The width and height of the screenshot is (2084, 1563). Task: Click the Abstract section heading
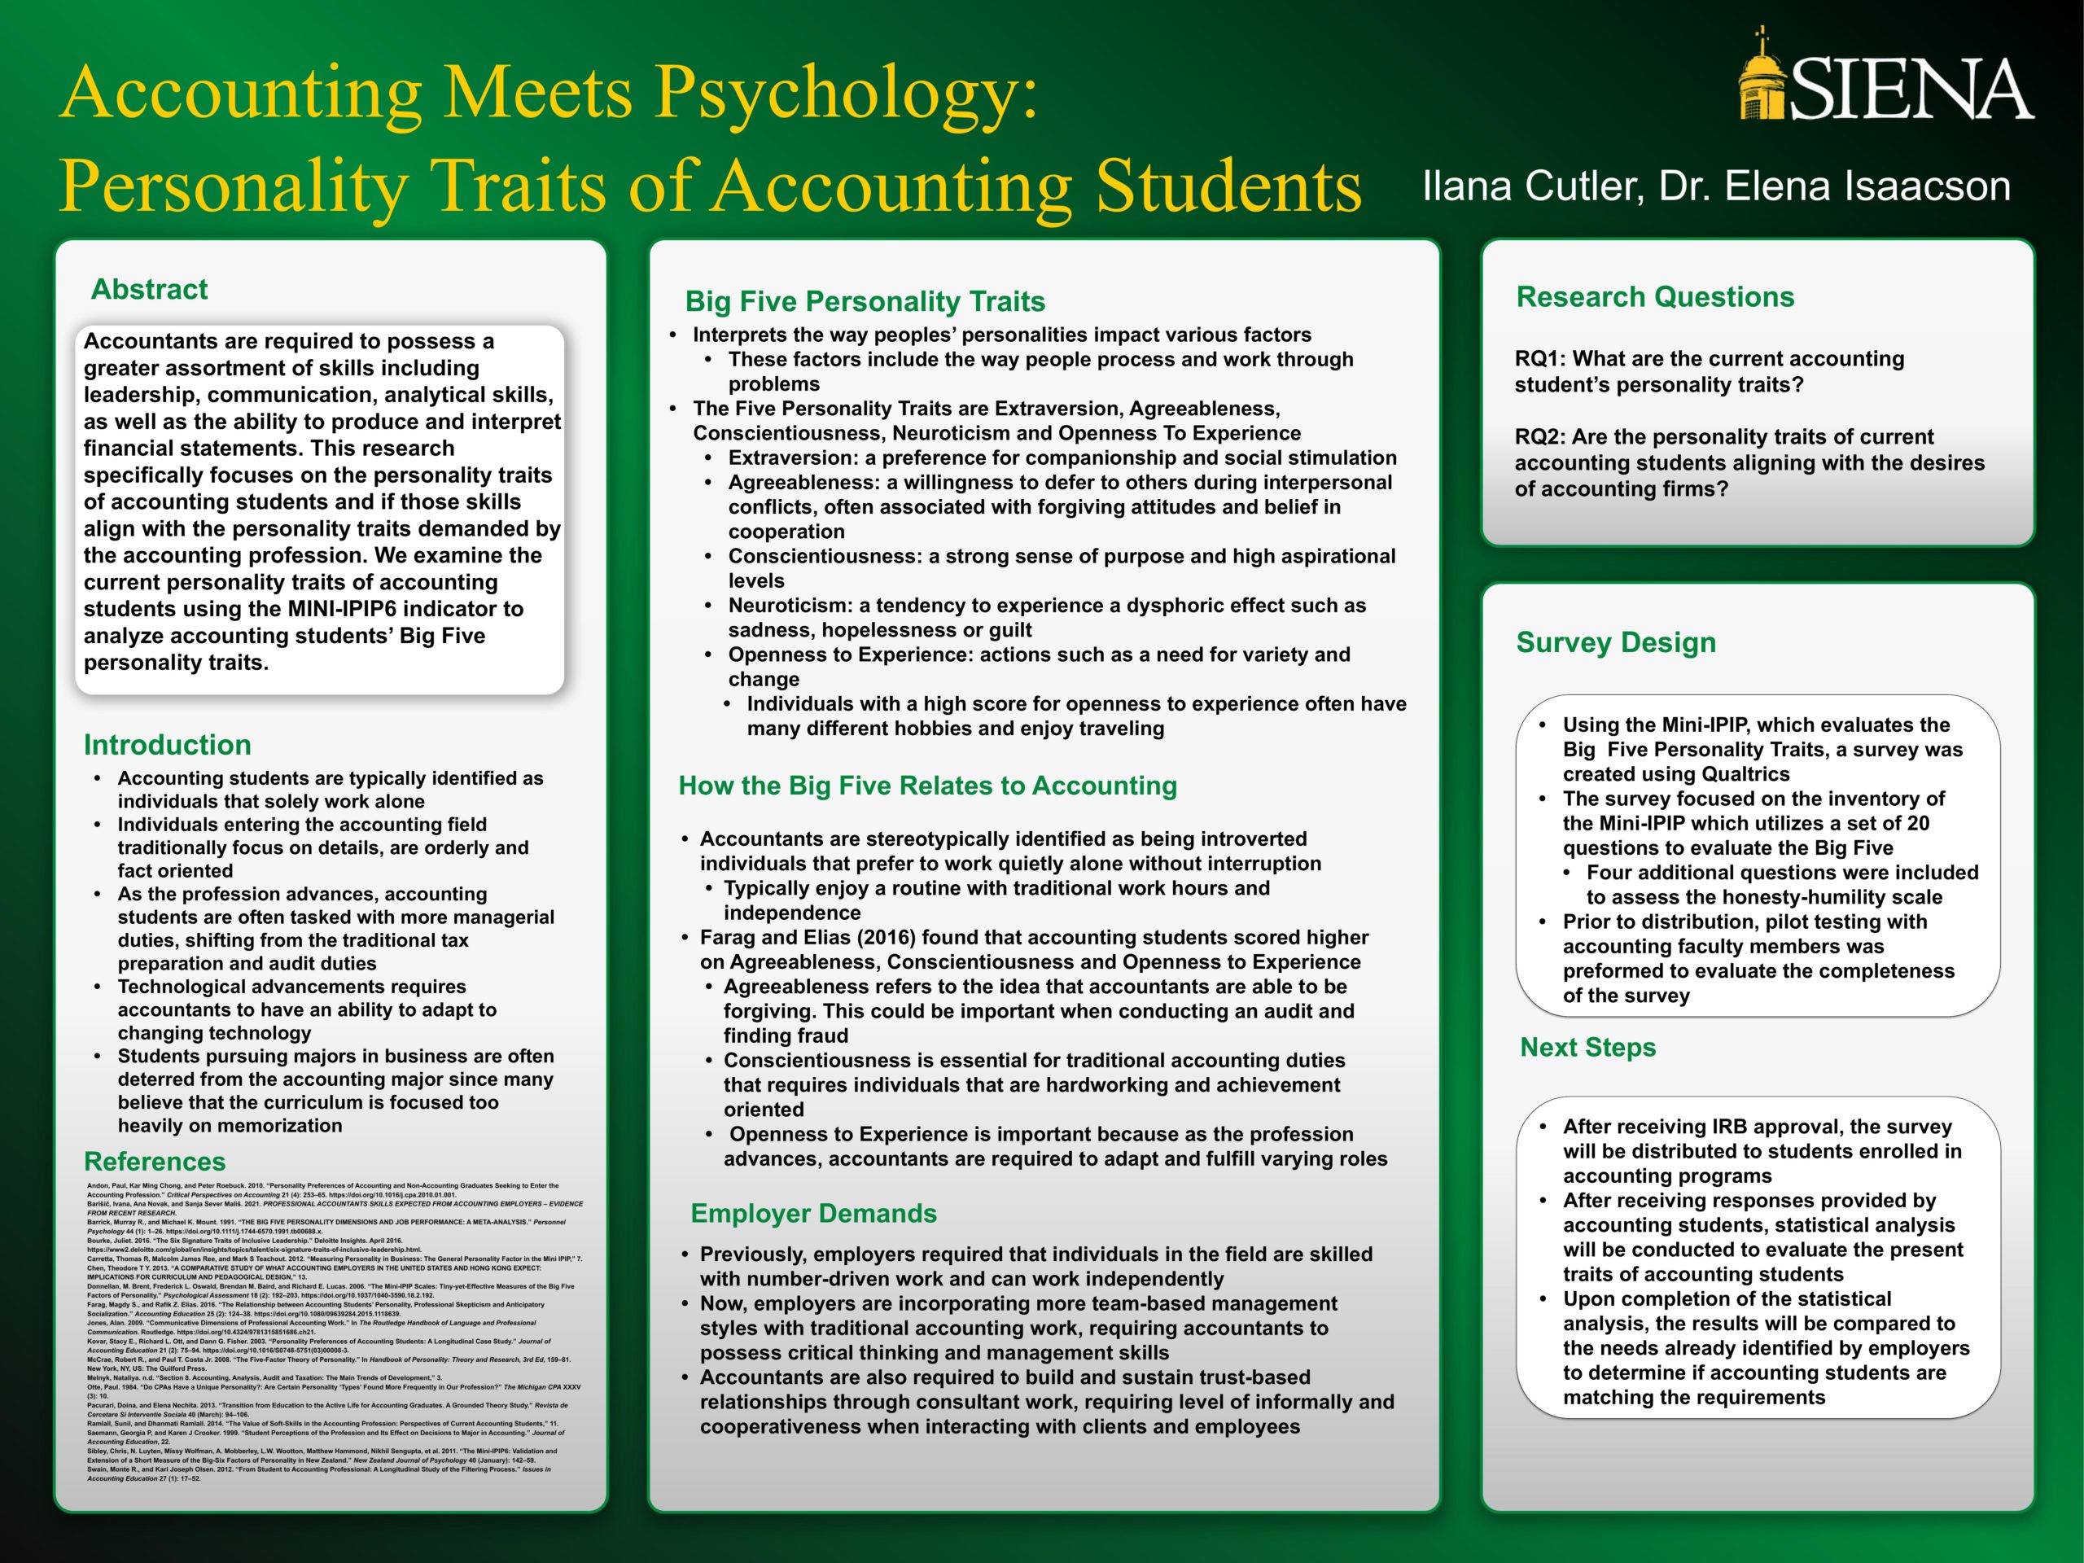(149, 289)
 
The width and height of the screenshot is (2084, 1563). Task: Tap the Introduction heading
(167, 745)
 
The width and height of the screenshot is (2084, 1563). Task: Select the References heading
(155, 1162)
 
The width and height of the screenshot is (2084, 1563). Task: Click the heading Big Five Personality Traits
(865, 301)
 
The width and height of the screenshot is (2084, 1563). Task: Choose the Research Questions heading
(1654, 297)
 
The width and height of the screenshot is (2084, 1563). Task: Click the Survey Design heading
(1616, 642)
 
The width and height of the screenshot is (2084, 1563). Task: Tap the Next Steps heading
(1587, 1048)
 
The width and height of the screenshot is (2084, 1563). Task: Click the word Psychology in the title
(846, 91)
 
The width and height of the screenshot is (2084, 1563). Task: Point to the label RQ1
(1535, 359)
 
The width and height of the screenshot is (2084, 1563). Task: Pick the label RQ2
(1535, 437)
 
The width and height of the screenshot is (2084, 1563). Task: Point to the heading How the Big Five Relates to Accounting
(927, 786)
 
